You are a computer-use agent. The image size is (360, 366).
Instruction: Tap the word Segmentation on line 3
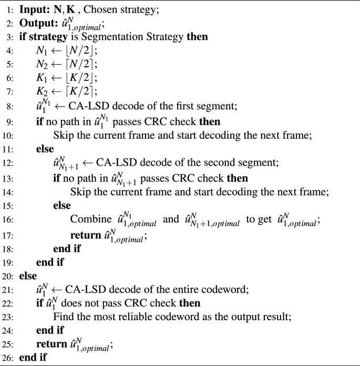(110, 38)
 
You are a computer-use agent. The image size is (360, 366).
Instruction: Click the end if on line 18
(66, 249)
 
